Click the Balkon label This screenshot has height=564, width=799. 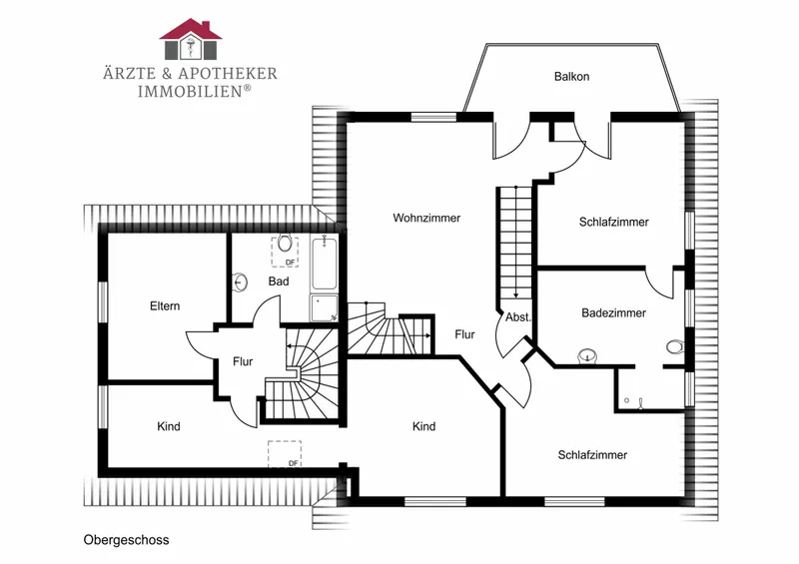coord(571,77)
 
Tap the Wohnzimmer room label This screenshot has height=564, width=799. coord(426,218)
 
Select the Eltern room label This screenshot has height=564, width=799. coord(165,306)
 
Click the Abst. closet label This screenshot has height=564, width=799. coord(518,317)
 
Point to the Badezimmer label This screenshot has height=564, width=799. coord(613,312)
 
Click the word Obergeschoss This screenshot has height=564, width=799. coord(127,540)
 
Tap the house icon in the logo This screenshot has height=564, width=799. coord(191,39)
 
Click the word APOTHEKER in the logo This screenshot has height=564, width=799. coord(228,73)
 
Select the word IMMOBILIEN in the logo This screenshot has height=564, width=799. coord(190,91)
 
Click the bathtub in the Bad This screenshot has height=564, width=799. coord(324,264)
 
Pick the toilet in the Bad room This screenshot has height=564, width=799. coord(285,244)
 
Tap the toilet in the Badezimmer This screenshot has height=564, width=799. coord(674,347)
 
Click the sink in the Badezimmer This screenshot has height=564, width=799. coord(587,356)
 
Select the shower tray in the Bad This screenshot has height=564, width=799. coord(324,307)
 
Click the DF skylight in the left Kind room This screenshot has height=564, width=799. coord(285,454)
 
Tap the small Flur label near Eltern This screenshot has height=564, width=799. coord(243,361)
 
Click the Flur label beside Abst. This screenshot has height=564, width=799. coord(464,334)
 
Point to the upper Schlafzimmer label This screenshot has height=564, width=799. coord(613,223)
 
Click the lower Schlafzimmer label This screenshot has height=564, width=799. coord(592,455)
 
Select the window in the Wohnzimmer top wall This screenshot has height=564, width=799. coord(433,117)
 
